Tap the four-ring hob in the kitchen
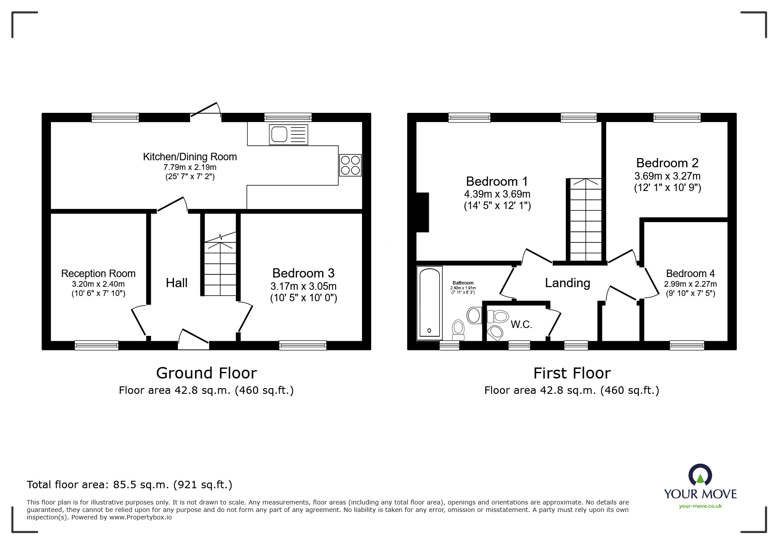[350, 165]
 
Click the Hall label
[177, 283]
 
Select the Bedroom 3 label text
[303, 273]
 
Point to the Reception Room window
[97, 345]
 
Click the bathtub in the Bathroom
[429, 303]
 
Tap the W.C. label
[521, 325]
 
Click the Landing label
[567, 283]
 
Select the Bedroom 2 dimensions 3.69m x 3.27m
[667, 176]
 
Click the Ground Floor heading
[206, 373]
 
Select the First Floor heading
[572, 373]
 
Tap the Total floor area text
[130, 485]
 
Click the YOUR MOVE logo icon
[700, 475]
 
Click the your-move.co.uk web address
[700, 506]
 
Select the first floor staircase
[586, 220]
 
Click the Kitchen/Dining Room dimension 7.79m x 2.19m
[190, 167]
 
